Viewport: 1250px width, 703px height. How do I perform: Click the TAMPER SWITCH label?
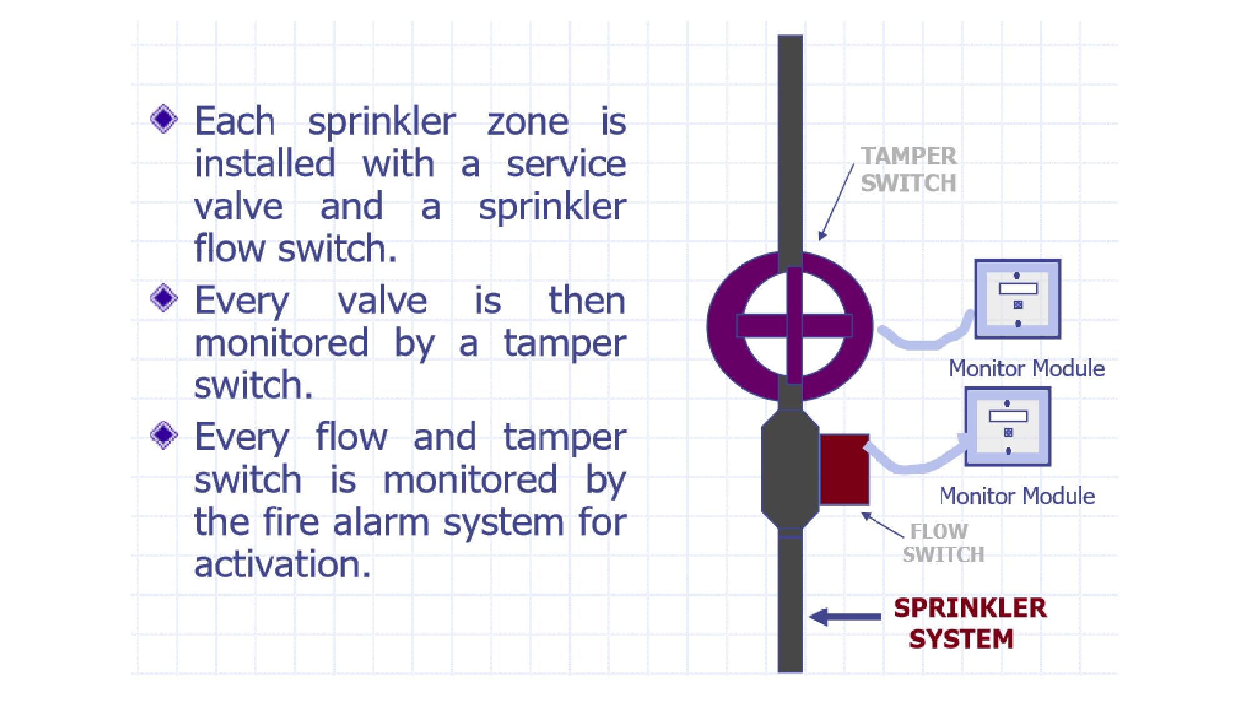(908, 169)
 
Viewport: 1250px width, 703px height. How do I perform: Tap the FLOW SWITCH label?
(943, 542)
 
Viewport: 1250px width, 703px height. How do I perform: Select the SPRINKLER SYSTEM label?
(969, 623)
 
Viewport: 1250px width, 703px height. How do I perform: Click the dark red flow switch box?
(844, 469)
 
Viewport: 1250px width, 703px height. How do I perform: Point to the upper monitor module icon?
(1017, 299)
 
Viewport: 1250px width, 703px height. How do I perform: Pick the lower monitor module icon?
(1007, 427)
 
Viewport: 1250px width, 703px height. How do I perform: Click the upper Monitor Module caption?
(1026, 368)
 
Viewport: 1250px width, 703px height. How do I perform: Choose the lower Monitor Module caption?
(1017, 496)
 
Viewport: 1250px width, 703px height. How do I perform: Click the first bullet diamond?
(164, 119)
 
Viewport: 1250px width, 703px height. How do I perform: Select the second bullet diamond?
(164, 298)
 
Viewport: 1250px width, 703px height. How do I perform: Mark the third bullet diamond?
(164, 434)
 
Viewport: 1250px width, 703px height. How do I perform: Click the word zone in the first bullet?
(528, 122)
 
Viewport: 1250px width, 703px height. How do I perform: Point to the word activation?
(282, 564)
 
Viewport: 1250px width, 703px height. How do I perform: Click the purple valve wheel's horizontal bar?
(794, 326)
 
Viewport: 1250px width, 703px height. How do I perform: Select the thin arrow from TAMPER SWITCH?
(837, 201)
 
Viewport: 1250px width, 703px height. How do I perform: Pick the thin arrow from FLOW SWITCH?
(882, 525)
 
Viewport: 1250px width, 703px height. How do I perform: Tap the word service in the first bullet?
(566, 164)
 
